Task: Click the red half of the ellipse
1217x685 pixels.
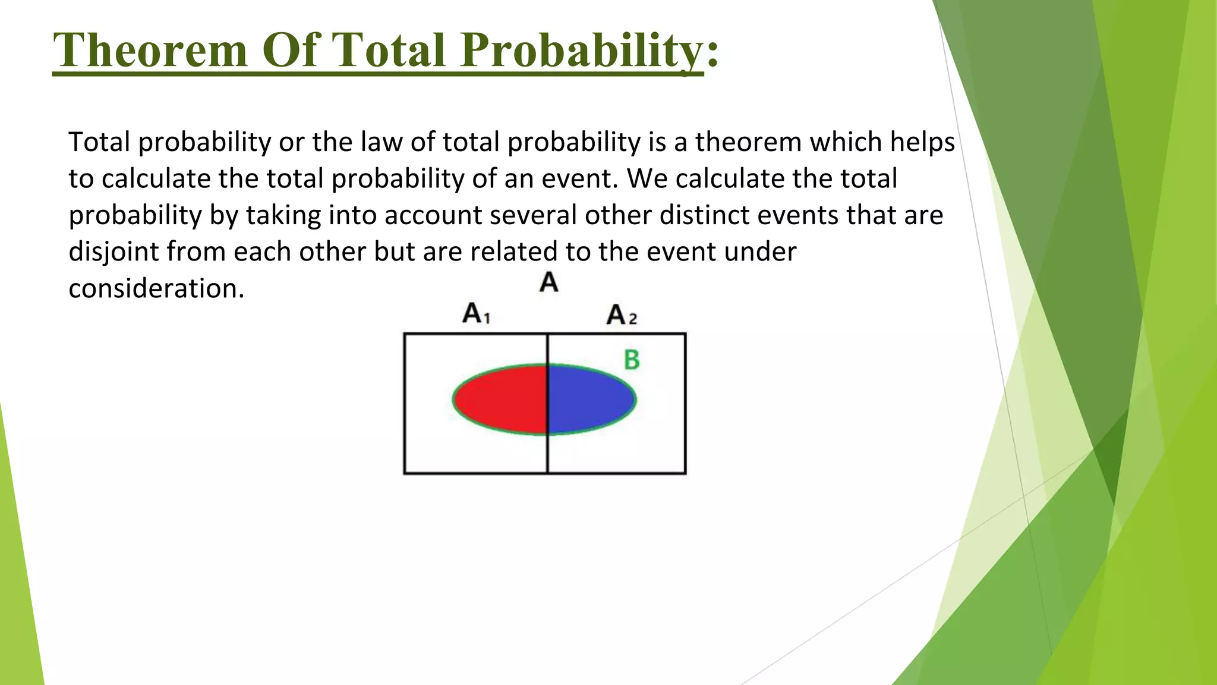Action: click(x=502, y=399)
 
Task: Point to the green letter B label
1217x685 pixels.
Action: click(x=632, y=360)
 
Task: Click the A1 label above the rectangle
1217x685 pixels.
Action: click(x=476, y=313)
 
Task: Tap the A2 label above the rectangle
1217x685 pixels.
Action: click(x=621, y=315)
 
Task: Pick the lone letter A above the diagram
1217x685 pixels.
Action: click(x=549, y=282)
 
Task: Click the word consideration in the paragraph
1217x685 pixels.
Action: click(x=156, y=289)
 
